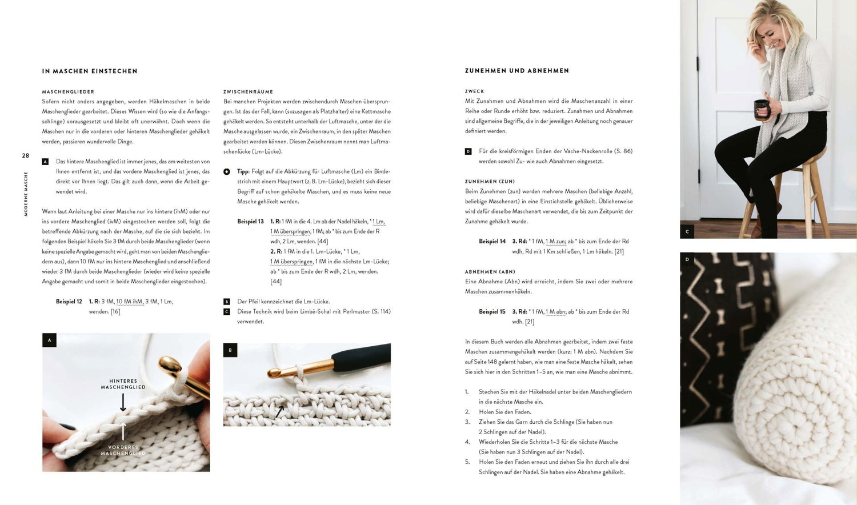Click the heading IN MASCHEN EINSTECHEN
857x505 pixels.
coord(90,71)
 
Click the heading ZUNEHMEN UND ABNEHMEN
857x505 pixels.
coord(516,71)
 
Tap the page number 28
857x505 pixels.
coord(26,155)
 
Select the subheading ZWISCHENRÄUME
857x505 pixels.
coord(248,92)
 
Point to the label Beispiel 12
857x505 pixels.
coord(69,302)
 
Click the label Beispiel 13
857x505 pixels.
coord(250,222)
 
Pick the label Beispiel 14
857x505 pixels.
coord(492,242)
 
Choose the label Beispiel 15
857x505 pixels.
coord(492,312)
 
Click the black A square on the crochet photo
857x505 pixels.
coord(50,340)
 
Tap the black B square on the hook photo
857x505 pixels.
coord(230,350)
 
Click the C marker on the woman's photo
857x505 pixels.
coord(687,231)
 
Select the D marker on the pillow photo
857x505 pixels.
coord(687,259)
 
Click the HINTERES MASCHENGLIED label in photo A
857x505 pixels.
coord(123,384)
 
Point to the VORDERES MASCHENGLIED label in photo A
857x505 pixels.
coord(123,450)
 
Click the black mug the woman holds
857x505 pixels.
coord(761,109)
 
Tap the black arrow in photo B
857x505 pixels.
coord(280,411)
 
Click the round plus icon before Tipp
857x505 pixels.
coord(227,171)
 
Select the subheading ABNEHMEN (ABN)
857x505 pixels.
coord(490,272)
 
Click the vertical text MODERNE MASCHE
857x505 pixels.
coord(26,194)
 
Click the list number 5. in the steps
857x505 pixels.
coord(467,462)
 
